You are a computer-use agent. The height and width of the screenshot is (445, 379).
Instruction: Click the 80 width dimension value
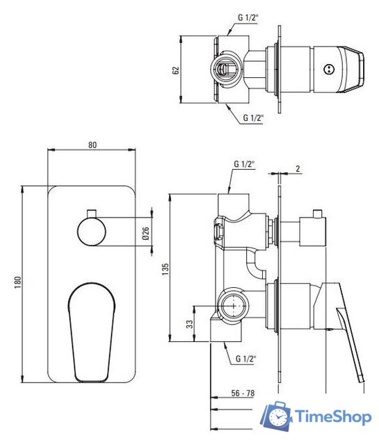tap(92, 145)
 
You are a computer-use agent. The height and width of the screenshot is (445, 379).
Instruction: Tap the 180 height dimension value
tap(17, 283)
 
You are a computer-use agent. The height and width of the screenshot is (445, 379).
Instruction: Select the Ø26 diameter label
tap(145, 233)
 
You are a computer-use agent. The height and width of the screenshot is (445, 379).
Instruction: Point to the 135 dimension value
tap(166, 269)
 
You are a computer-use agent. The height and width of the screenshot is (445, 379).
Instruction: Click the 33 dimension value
tap(189, 324)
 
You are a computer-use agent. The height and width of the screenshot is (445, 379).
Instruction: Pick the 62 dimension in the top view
tap(176, 70)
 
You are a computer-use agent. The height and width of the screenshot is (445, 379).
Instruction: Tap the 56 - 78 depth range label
tap(243, 393)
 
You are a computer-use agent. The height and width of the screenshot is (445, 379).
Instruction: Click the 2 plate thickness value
tap(298, 168)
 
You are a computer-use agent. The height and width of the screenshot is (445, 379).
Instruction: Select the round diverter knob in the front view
tap(91, 232)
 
